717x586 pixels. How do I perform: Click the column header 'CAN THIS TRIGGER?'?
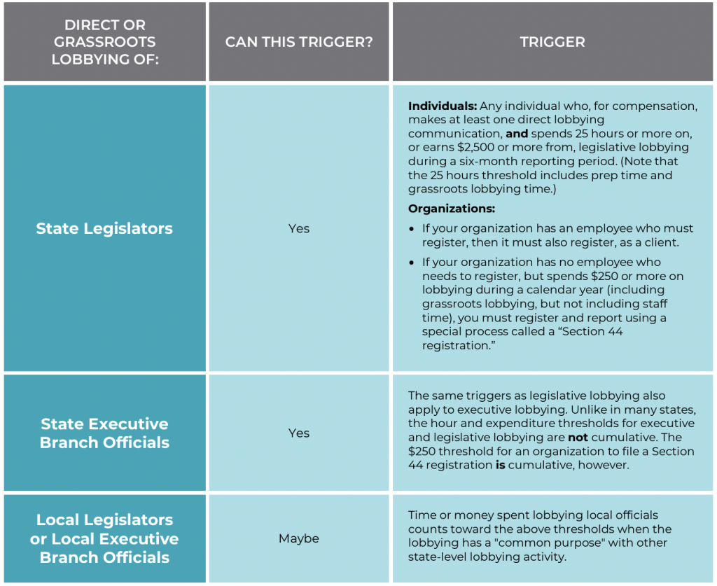click(x=299, y=42)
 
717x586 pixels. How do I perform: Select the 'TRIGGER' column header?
click(x=552, y=42)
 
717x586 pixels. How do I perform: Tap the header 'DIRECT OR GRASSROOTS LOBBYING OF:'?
click(x=105, y=42)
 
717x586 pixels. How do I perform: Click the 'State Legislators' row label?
click(x=104, y=228)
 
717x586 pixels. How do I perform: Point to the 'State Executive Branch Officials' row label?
click(x=104, y=433)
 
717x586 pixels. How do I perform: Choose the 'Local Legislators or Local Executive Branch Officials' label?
click(x=104, y=538)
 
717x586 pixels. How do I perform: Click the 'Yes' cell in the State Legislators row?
click(x=299, y=228)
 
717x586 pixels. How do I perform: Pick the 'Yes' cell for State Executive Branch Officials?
click(x=299, y=433)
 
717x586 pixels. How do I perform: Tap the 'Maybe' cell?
click(x=299, y=538)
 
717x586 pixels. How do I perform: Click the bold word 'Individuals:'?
click(x=443, y=106)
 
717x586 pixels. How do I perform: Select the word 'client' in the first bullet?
click(x=659, y=242)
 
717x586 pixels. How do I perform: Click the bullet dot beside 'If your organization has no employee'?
click(x=412, y=263)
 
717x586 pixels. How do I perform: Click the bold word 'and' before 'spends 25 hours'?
click(x=517, y=134)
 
